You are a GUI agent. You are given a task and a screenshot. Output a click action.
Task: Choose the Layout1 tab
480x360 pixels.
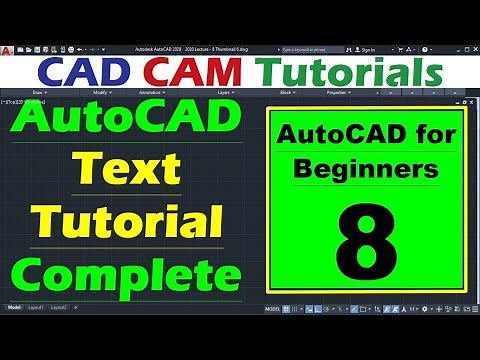(x=36, y=307)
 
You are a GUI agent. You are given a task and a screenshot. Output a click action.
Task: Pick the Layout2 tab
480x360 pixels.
(x=60, y=307)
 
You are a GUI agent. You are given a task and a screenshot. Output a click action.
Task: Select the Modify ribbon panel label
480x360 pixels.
(x=101, y=92)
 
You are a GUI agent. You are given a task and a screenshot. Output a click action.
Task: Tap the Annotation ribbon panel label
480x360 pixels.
(x=151, y=92)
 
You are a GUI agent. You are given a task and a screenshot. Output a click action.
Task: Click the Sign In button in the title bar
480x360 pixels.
(x=366, y=49)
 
